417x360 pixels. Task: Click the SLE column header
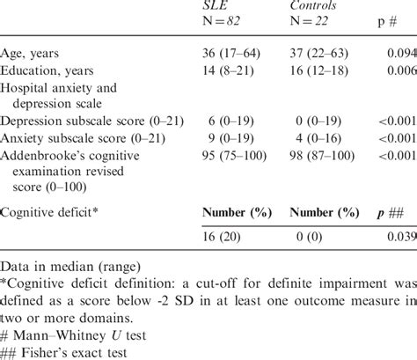(x=214, y=7)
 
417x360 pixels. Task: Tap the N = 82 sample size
(x=222, y=23)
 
